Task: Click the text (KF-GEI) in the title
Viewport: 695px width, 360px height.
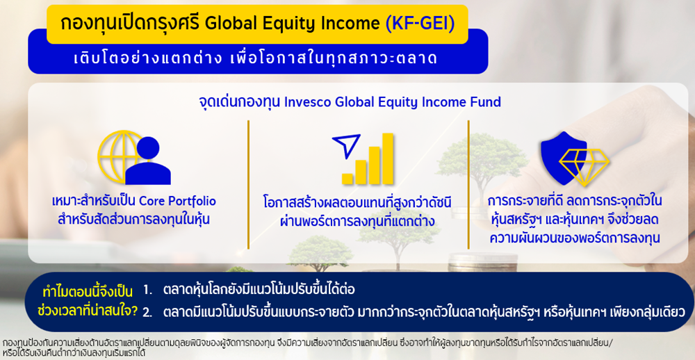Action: pyautogui.click(x=420, y=24)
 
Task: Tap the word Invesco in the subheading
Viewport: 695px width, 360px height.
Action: pyautogui.click(x=303, y=102)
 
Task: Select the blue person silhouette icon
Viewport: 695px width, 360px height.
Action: pyautogui.click(x=148, y=161)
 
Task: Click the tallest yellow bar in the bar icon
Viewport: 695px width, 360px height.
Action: pyautogui.click(x=388, y=158)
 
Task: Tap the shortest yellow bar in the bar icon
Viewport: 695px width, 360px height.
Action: pyautogui.click(x=347, y=179)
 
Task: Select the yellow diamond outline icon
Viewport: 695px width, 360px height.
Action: pyautogui.click(x=584, y=167)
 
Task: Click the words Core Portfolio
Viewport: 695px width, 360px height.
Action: pyautogui.click(x=177, y=202)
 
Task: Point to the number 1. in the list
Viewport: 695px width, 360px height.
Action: pyautogui.click(x=147, y=291)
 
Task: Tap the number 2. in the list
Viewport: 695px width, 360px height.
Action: pyautogui.click(x=147, y=312)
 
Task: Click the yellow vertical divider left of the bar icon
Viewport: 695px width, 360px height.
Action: pyautogui.click(x=248, y=184)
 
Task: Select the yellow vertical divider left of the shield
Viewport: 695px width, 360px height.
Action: pyautogui.click(x=468, y=184)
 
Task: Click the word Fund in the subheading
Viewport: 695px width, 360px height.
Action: pyautogui.click(x=488, y=102)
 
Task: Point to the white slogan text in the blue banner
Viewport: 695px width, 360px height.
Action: pyautogui.click(x=256, y=58)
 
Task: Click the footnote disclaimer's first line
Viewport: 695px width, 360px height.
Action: pyautogui.click(x=307, y=343)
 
